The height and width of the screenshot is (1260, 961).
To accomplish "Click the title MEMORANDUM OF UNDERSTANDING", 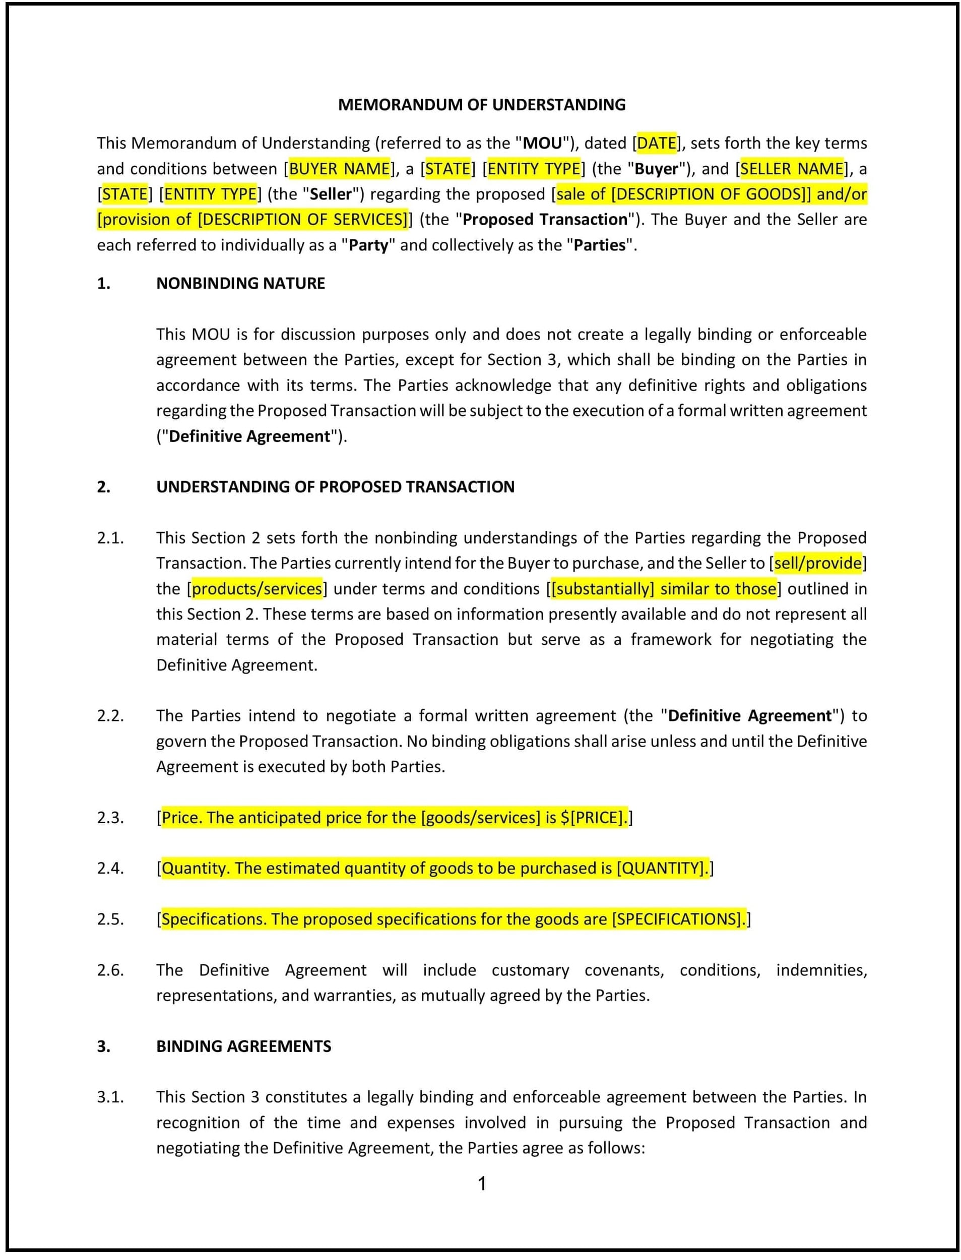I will coord(481,105).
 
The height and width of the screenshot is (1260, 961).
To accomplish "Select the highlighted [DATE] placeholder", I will coord(656,143).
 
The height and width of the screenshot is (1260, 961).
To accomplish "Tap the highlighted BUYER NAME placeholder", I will coord(339,169).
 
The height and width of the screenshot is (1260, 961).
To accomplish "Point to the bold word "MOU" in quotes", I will coord(542,143).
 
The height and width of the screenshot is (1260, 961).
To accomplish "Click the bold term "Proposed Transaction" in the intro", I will coord(545,220).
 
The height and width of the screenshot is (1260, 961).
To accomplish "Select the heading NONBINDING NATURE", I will coord(240,284).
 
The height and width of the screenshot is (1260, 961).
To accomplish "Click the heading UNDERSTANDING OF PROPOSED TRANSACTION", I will coord(335,487).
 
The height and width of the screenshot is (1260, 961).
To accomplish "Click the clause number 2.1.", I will coord(110,538).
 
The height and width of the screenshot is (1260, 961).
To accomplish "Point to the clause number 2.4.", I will coord(110,868).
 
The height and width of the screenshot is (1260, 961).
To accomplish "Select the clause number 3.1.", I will coord(110,1097).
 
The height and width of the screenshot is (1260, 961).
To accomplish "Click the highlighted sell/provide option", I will coord(817,563).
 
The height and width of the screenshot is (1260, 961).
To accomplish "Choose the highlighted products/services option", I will coord(257,588).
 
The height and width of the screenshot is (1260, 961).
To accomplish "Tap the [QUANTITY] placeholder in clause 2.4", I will coord(661,868).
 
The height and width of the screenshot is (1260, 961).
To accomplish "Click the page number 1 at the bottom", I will coord(482,1183).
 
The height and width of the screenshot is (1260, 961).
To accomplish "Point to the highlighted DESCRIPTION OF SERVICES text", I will coord(303,220).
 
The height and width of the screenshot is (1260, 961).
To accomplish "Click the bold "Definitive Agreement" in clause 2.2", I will coord(750,716).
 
